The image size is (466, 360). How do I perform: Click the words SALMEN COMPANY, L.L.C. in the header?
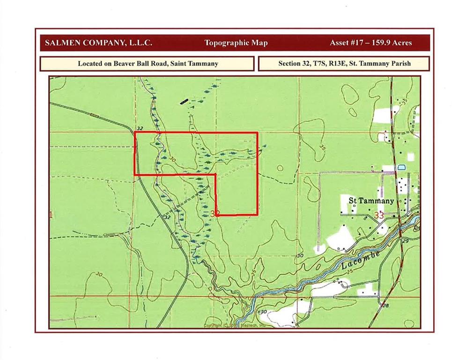click(98, 43)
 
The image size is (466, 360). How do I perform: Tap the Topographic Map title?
click(236, 43)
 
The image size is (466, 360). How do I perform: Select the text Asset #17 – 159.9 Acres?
click(371, 43)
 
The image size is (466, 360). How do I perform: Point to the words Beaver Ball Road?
click(134, 63)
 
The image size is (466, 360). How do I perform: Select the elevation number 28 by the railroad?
click(385, 306)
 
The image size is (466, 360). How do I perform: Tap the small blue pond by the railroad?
click(401, 167)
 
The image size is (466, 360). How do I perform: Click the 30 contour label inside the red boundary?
click(173, 160)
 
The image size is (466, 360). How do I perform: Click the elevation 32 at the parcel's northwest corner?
click(139, 128)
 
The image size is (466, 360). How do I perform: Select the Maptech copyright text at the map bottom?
click(234, 325)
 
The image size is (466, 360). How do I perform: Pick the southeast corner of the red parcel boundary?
click(257, 215)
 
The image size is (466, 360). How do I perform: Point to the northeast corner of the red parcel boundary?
click(257, 133)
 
